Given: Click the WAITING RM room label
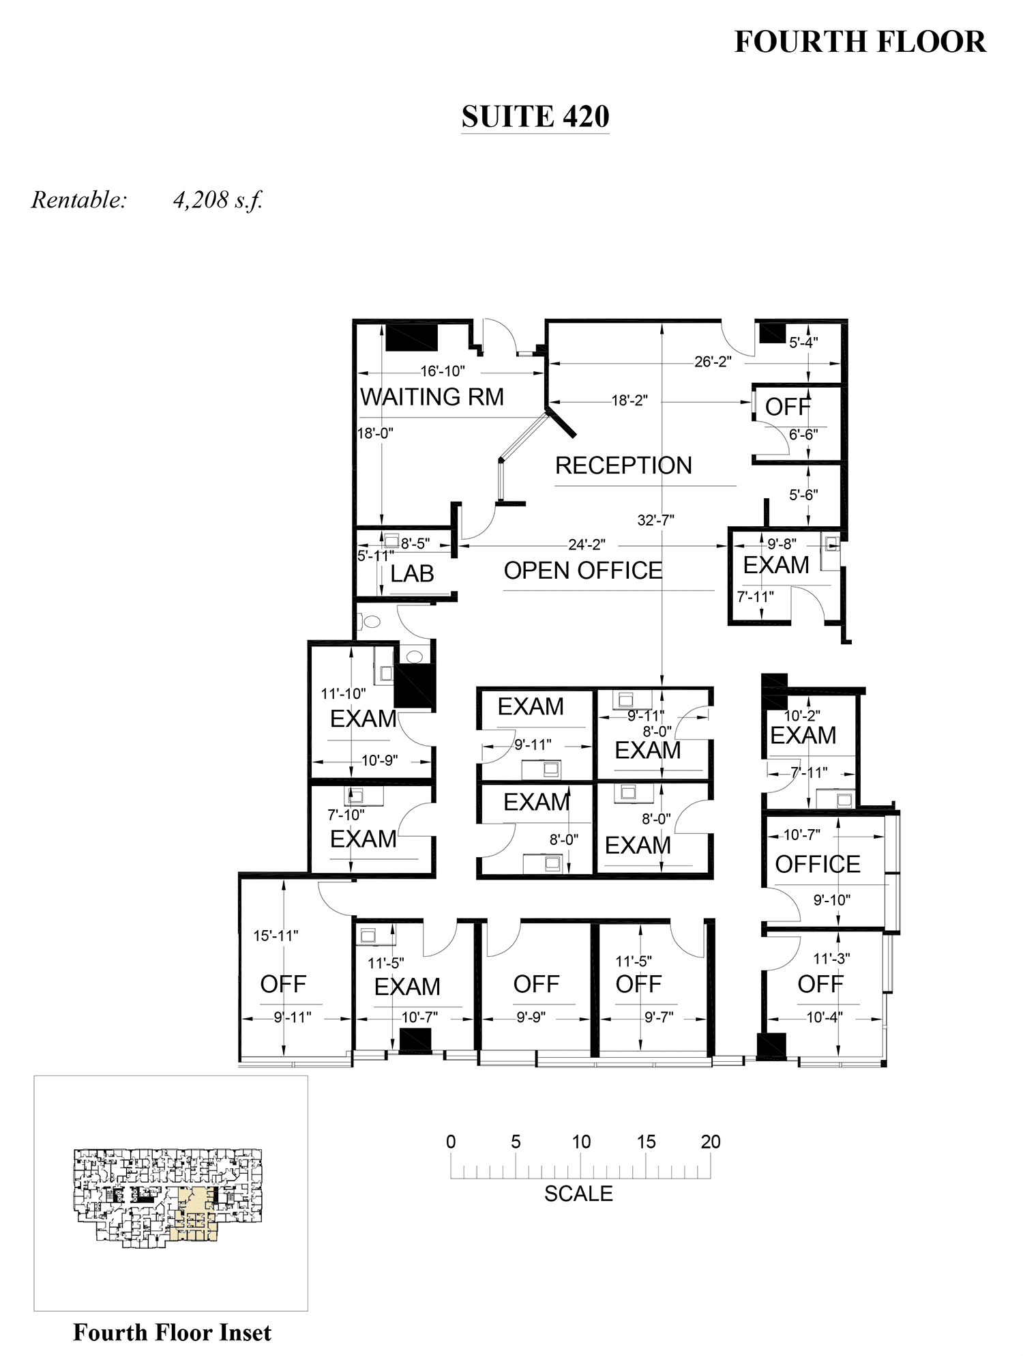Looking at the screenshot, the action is point(432,396).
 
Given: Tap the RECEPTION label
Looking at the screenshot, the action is point(623,465).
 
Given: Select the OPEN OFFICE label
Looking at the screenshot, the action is point(583,571).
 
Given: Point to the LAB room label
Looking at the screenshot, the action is point(412,574).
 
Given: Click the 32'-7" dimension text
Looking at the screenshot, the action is point(656,520).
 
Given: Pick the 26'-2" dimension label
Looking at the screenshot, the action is point(713,362).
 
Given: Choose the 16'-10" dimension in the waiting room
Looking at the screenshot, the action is point(443,371).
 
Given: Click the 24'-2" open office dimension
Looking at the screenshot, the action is point(587,545).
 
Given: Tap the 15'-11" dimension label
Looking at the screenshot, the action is point(276,936).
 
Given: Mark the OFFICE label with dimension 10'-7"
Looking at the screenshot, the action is point(818,865).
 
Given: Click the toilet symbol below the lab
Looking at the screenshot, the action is point(372,622).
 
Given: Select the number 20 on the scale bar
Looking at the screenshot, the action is point(711,1142).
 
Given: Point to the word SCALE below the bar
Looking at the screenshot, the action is point(578,1194).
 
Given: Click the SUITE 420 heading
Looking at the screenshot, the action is point(535,117).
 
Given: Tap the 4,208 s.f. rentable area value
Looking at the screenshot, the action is point(218,200).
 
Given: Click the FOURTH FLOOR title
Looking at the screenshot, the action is point(860,42).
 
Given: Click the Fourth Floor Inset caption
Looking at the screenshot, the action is point(172,1332).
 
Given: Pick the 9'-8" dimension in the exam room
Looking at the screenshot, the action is point(782,545).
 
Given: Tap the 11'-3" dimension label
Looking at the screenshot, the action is point(831,959).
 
